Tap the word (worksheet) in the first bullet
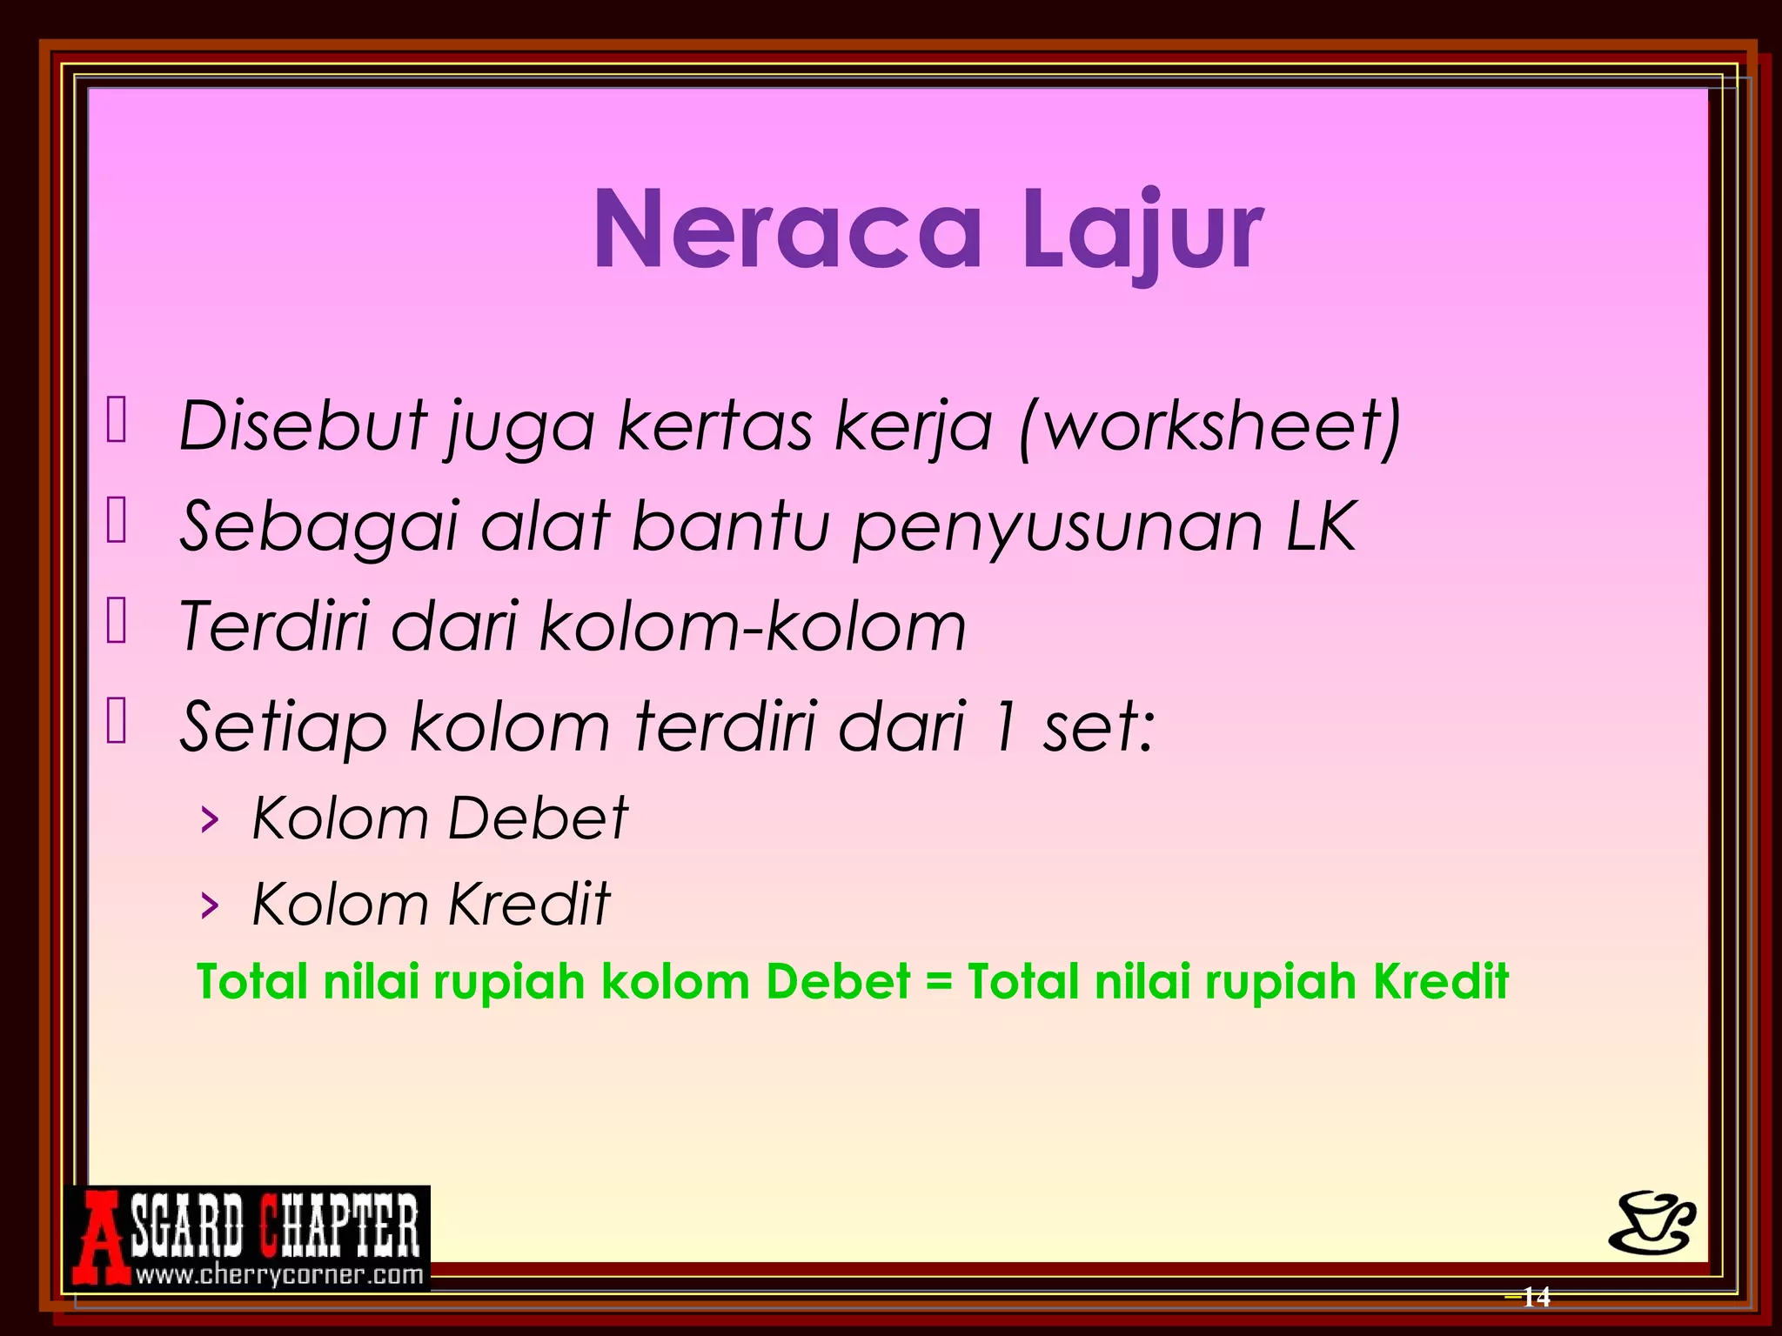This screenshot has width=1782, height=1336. [1209, 426]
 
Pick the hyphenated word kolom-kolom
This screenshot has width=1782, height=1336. [753, 626]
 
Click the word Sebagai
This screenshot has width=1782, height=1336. [318, 528]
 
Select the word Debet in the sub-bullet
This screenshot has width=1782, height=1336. [537, 818]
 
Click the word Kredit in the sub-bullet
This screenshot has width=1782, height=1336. [529, 904]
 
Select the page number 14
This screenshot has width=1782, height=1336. [1536, 1297]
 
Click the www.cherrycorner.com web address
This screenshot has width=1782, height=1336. [279, 1276]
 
